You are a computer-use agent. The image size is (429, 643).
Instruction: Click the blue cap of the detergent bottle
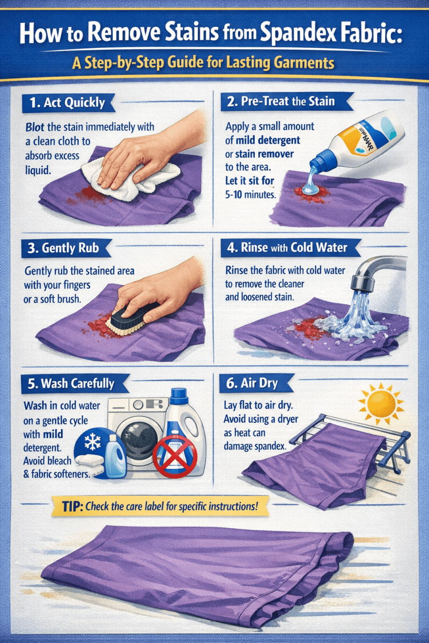point(323,159)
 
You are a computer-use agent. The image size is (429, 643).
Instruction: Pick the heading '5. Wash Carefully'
point(70,384)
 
